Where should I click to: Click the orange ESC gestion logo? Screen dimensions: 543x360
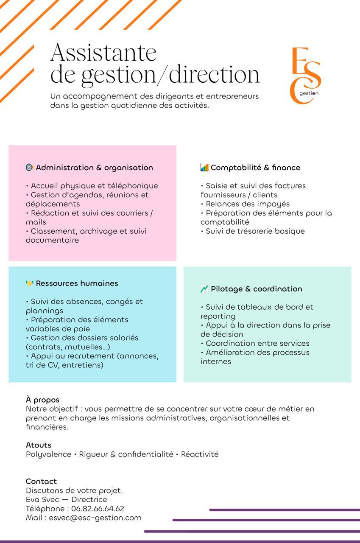click(x=305, y=75)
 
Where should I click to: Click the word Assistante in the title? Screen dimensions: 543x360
click(x=103, y=53)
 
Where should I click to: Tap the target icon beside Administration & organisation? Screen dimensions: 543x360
click(x=29, y=168)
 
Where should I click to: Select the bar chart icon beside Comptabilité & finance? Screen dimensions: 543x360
click(x=204, y=168)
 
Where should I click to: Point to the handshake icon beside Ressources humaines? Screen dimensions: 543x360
click(x=29, y=283)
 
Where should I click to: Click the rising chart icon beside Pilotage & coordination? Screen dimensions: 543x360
click(x=204, y=289)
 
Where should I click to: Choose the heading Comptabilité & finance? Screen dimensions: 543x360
click(x=255, y=168)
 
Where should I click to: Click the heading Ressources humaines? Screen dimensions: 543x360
click(x=77, y=283)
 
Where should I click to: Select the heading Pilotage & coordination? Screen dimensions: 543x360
click(x=256, y=289)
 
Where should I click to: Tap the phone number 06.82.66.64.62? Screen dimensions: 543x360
click(x=98, y=509)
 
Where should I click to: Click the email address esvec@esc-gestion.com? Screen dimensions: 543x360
click(x=95, y=518)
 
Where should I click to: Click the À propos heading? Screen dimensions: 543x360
click(x=42, y=400)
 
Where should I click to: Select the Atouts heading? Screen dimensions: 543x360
click(x=38, y=445)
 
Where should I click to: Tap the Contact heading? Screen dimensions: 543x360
click(x=41, y=481)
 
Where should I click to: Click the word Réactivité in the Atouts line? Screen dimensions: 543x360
click(x=200, y=454)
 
